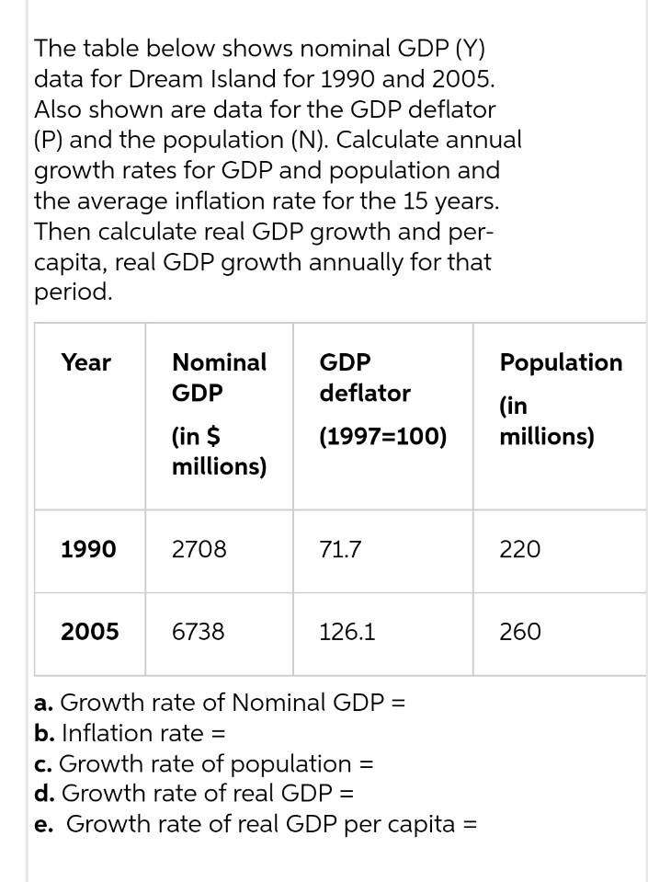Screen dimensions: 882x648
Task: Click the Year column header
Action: click(x=86, y=362)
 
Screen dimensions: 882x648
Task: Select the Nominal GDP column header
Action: click(x=220, y=377)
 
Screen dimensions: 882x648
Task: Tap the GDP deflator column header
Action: click(x=365, y=377)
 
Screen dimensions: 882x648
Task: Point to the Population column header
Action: click(x=561, y=362)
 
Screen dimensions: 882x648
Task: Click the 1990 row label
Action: click(x=88, y=550)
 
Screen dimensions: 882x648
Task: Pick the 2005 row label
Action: click(x=89, y=632)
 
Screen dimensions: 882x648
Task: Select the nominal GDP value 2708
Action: click(x=199, y=550)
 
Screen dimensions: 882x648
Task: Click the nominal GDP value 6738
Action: click(x=199, y=632)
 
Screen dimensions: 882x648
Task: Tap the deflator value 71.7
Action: click(x=340, y=550)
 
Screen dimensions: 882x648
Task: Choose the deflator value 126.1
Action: click(x=347, y=632)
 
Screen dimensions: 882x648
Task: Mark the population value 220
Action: click(x=520, y=550)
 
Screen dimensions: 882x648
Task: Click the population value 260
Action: click(x=520, y=632)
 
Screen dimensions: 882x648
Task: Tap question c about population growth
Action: click(x=202, y=763)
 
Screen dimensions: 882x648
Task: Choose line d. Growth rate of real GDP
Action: click(x=194, y=793)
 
